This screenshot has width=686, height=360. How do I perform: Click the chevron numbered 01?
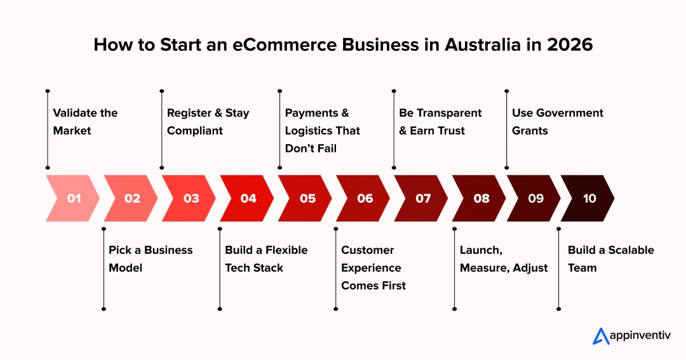[72, 198]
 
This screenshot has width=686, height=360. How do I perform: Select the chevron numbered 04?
[246, 198]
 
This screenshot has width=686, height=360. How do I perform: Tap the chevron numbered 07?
[421, 198]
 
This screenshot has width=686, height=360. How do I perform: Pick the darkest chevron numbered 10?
[588, 198]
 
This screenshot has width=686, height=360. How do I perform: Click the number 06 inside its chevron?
[365, 199]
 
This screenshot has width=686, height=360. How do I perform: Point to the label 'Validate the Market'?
[85, 122]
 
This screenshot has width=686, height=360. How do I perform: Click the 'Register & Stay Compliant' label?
[208, 122]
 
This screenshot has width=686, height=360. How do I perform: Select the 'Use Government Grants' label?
[558, 122]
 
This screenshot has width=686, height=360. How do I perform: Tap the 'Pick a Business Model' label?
[151, 259]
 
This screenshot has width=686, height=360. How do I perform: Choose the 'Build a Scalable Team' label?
[611, 259]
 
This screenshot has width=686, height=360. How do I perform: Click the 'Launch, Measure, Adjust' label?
[504, 259]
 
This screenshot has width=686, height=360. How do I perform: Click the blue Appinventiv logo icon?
[601, 336]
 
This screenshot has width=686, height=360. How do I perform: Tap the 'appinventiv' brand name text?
[640, 336]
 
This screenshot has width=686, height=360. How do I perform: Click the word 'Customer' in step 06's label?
[368, 250]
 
